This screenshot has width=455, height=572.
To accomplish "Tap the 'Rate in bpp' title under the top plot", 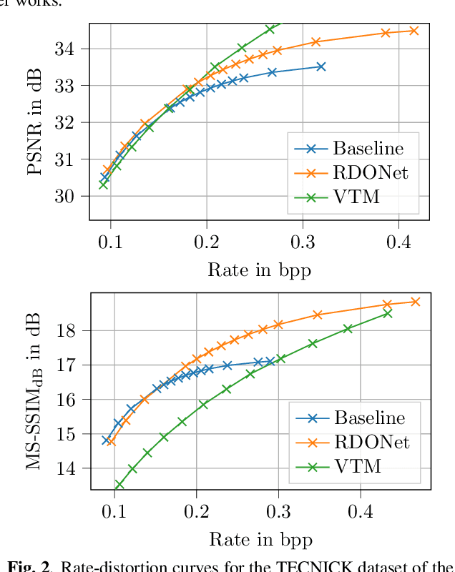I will pos(259,270).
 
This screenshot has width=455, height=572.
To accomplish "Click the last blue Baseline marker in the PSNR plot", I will pos(321,66).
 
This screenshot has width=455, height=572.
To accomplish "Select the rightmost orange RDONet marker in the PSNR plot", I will pos(414,31).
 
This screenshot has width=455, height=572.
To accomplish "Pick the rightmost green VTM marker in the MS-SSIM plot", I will pos(388,313).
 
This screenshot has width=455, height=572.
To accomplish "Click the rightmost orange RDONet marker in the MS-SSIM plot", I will pos(415,302).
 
